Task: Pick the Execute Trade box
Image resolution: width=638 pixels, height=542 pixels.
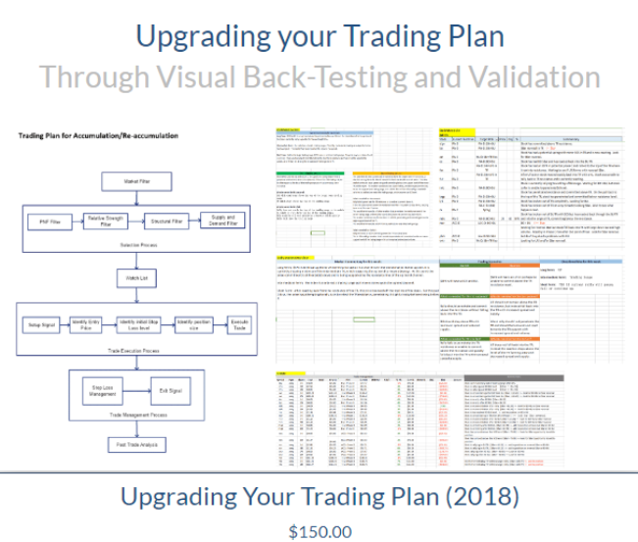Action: (240, 323)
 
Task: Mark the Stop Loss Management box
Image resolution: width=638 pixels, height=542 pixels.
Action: (90, 391)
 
